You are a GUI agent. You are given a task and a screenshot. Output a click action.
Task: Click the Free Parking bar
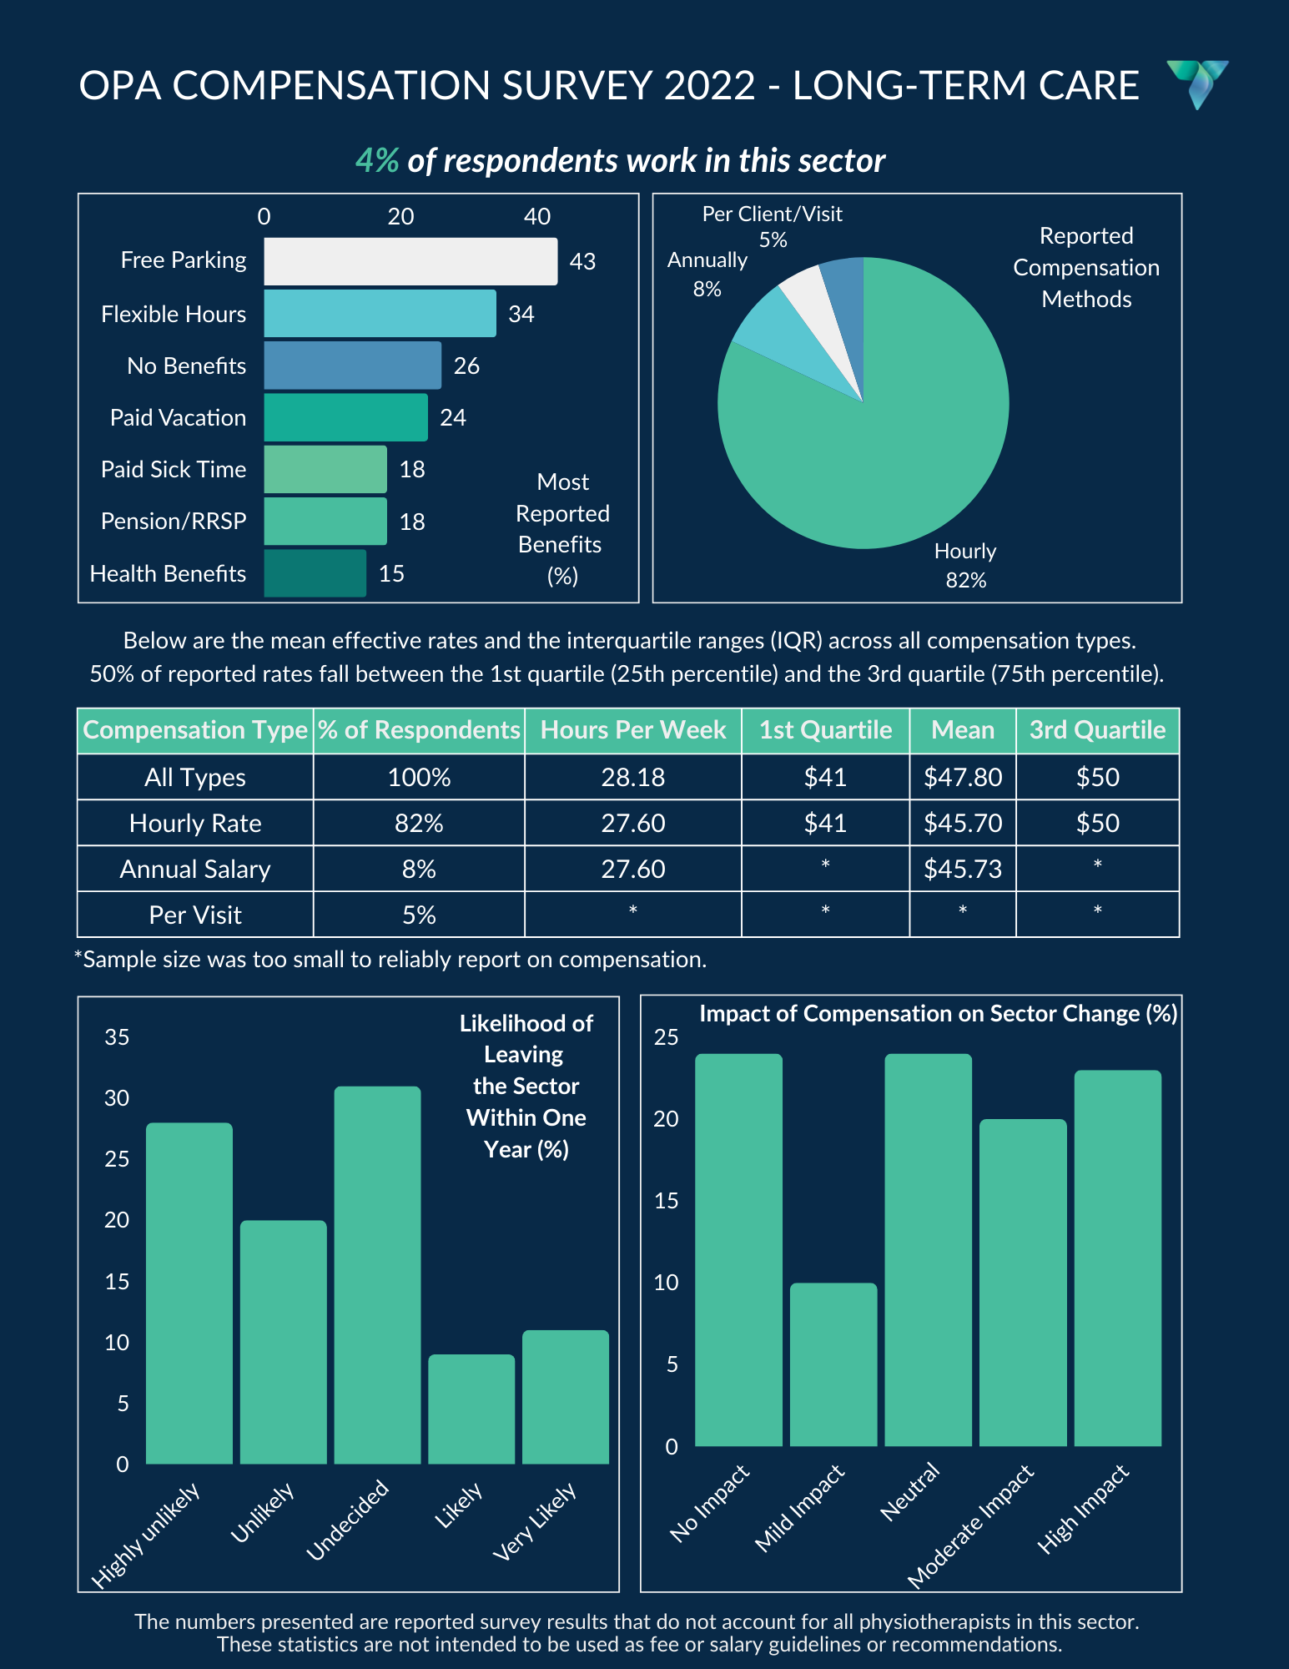pyautogui.click(x=410, y=261)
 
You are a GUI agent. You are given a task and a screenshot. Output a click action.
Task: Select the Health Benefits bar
pyautogui.click(x=315, y=573)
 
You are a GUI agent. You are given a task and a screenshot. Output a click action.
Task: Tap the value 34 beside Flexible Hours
pyautogui.click(x=521, y=314)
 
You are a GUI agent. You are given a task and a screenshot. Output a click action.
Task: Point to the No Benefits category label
pyautogui.click(x=186, y=366)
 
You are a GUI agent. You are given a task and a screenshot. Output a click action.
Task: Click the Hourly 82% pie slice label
pyautogui.click(x=965, y=565)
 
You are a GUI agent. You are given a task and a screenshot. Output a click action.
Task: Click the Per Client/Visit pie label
pyautogui.click(x=773, y=226)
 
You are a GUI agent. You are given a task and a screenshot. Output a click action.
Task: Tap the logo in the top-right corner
pyautogui.click(x=1197, y=84)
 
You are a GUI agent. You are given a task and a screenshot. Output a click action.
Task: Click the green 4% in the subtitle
pyautogui.click(x=377, y=160)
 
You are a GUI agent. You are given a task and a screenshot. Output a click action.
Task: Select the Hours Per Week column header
pyautogui.click(x=633, y=730)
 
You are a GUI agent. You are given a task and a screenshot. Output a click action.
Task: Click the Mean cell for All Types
pyautogui.click(x=963, y=777)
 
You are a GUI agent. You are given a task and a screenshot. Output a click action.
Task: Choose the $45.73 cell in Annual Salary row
pyautogui.click(x=963, y=869)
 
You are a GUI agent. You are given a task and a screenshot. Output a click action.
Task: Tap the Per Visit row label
pyautogui.click(x=195, y=915)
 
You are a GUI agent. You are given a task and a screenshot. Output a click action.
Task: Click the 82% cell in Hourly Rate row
pyautogui.click(x=419, y=823)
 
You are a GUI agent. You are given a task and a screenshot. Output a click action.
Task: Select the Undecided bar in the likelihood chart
pyautogui.click(x=377, y=1275)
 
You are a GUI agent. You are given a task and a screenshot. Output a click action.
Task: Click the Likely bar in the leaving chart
pyautogui.click(x=471, y=1409)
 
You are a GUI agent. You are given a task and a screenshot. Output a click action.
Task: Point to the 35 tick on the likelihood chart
pyautogui.click(x=117, y=1037)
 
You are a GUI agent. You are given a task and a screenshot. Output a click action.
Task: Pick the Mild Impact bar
pyautogui.click(x=833, y=1364)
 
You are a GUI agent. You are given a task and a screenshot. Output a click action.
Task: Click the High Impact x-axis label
pyautogui.click(x=1084, y=1508)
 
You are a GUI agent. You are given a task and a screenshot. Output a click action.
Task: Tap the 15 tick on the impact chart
pyautogui.click(x=667, y=1201)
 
